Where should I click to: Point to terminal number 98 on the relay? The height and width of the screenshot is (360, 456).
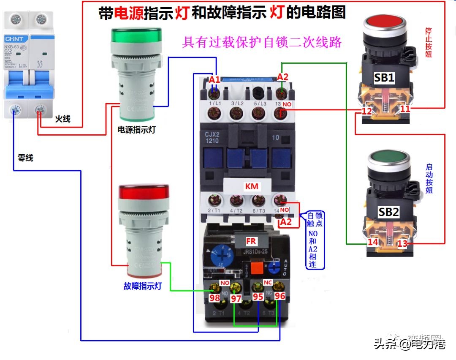point(215,298)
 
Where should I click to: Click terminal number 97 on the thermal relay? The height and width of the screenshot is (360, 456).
point(236,298)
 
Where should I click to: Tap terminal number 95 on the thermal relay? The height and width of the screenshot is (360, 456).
point(258,297)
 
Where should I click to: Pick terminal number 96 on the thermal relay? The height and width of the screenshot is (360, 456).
point(280,296)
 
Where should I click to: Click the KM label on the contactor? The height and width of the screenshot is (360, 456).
point(252,186)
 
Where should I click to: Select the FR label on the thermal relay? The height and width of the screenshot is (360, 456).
point(251,241)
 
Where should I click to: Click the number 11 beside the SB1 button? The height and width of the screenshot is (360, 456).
point(405,109)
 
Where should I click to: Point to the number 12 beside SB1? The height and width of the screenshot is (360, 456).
point(366,112)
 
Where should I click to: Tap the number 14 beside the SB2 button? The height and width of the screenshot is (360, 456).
point(372,243)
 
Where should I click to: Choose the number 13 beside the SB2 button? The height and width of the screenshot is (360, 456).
point(403,243)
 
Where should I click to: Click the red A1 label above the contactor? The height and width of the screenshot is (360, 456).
point(214,79)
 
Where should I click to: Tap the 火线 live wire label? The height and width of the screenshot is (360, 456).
point(62,119)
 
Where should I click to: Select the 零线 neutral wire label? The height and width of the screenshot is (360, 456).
point(25,158)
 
